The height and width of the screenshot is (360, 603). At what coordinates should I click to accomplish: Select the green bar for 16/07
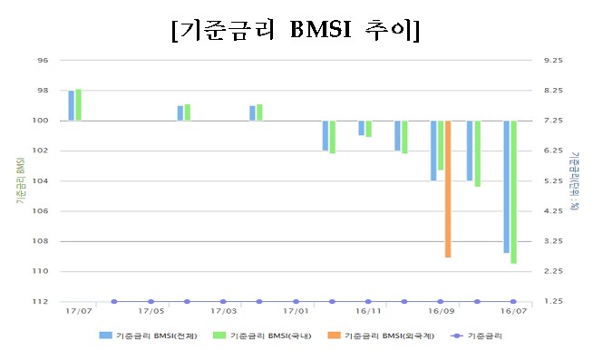tap(513, 191)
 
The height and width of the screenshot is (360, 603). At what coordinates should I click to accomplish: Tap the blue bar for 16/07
tap(506, 186)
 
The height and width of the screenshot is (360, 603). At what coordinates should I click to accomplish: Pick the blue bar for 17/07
tap(72, 105)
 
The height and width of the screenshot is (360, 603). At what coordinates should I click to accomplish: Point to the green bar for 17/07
tap(79, 104)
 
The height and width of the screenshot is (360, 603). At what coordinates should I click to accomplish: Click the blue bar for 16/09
tap(433, 151)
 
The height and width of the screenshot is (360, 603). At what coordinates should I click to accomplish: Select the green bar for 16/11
tap(368, 129)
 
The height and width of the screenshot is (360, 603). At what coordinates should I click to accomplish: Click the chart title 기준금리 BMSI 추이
tap(295, 29)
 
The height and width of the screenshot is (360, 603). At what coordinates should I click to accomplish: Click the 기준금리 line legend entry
tap(477, 336)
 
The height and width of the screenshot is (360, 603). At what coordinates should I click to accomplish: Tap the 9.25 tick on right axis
tap(551, 61)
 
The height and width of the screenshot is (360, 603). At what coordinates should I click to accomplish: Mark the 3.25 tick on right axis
tap(551, 241)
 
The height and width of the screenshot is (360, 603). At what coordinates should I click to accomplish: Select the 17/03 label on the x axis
tap(223, 311)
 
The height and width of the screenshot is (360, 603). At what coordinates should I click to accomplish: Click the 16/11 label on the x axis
tap(368, 311)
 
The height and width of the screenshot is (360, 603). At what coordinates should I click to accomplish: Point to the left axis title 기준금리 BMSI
tap(19, 181)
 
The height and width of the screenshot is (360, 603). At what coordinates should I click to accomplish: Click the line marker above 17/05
tap(151, 301)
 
